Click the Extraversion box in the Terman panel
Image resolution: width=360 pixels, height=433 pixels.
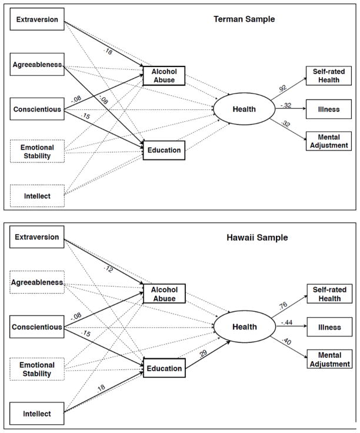tap(36, 19)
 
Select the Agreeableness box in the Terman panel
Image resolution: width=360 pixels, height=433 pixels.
tap(36, 65)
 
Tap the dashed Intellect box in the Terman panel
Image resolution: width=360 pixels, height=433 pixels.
tap(36, 195)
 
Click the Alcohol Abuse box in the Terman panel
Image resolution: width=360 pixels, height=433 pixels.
tap(164, 76)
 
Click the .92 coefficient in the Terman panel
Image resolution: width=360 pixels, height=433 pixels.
tap(282, 89)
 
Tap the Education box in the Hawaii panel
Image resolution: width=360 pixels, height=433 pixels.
tap(164, 369)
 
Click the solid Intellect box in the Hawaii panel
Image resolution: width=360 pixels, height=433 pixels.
tap(36, 414)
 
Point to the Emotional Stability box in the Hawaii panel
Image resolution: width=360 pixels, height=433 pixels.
tap(36, 369)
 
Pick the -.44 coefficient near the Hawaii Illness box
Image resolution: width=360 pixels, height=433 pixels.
tap(286, 323)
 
